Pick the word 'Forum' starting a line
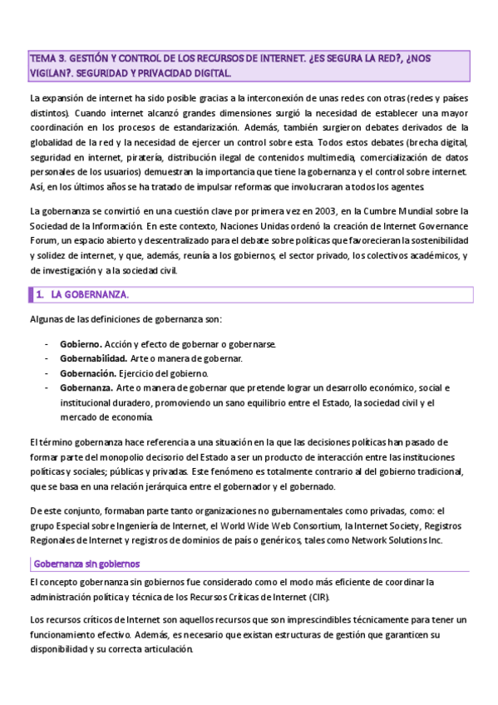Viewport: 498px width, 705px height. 42,241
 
